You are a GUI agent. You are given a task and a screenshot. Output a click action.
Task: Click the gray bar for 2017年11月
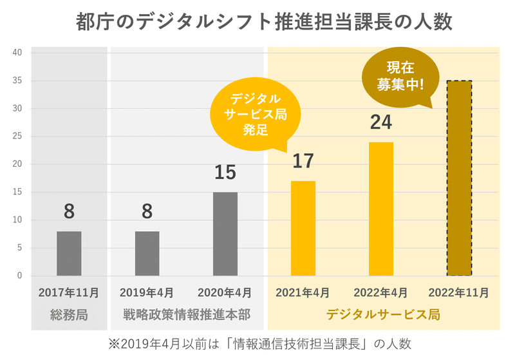(x=69, y=253)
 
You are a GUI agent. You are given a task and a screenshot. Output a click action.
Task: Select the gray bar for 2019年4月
(x=147, y=253)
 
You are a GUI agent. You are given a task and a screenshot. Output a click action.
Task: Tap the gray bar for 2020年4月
(x=225, y=234)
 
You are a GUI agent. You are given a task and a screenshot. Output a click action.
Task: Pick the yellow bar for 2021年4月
(x=303, y=228)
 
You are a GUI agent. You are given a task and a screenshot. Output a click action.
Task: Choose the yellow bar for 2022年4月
(x=381, y=209)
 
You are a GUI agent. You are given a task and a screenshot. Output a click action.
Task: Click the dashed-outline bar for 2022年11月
(x=459, y=178)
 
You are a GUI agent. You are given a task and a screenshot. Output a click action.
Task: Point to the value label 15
(x=225, y=173)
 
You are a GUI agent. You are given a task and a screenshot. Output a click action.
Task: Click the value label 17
(x=303, y=161)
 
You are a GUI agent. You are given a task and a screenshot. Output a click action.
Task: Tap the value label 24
(x=380, y=122)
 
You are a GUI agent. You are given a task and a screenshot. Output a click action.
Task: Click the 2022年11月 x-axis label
(x=459, y=292)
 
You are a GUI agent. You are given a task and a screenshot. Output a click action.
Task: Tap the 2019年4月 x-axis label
(x=147, y=292)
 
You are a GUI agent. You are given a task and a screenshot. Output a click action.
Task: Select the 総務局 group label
(x=69, y=315)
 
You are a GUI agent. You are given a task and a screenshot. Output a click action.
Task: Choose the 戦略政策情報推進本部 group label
(x=186, y=315)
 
